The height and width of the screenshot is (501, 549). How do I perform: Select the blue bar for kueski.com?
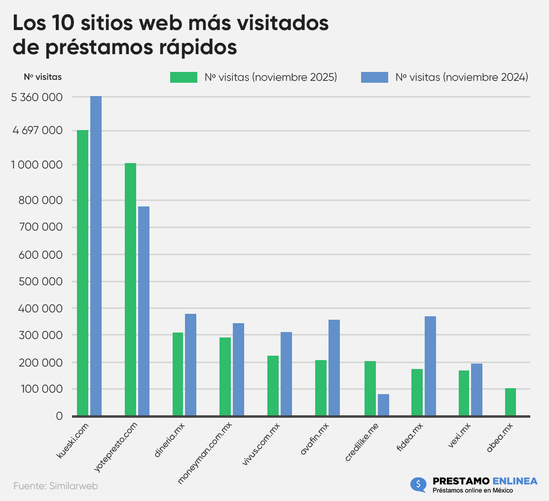coord(96,256)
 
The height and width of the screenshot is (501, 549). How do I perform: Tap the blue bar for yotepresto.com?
coord(144,311)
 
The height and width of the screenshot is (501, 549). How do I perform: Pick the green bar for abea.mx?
coord(511,402)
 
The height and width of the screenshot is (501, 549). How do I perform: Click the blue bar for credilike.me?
coord(383,405)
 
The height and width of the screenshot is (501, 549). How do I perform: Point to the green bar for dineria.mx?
coord(178,374)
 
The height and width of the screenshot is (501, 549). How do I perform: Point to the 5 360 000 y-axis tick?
coord(37,98)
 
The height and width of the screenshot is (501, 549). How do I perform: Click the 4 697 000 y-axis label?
coord(37,131)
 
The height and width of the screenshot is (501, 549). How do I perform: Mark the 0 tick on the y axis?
coord(59,416)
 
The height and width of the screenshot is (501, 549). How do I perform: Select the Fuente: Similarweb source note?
coord(56,486)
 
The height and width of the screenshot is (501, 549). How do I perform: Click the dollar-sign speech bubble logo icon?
coord(418,484)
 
